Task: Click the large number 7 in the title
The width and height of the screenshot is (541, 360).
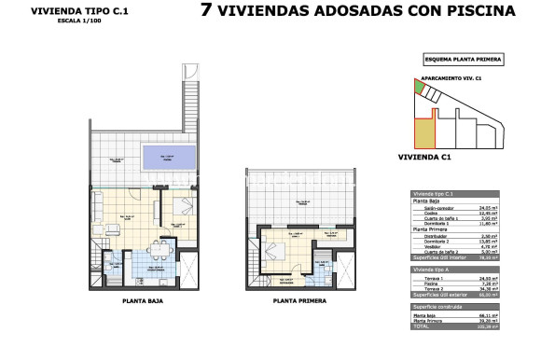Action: point(207,12)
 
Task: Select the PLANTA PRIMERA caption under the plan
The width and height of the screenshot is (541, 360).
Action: point(298,301)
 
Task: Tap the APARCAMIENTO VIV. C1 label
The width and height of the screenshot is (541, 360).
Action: point(451,78)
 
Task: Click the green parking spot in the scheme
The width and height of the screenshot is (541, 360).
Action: point(420,88)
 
